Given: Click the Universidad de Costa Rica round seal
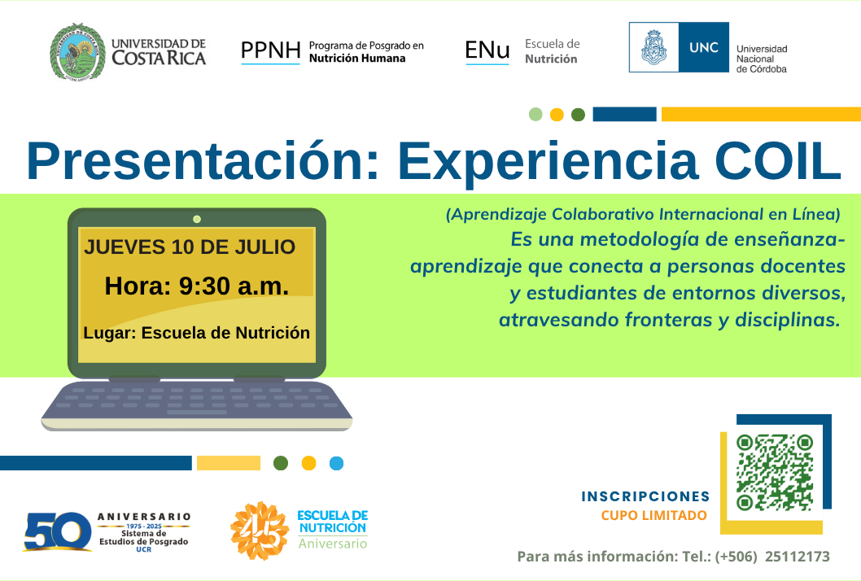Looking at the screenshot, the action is (77, 51).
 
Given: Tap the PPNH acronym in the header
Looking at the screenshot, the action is (271, 50).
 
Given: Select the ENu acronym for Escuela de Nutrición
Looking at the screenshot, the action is (487, 50).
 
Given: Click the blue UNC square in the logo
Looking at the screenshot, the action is (704, 47).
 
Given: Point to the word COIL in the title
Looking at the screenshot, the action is (778, 161).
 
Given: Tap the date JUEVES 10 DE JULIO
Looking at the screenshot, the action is (190, 247).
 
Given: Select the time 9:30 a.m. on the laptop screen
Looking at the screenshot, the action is (234, 286).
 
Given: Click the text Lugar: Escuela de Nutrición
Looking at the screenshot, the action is (197, 333).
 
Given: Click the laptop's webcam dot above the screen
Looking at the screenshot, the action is (197, 219).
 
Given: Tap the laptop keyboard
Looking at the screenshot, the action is (197, 404).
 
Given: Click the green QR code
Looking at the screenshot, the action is (775, 472).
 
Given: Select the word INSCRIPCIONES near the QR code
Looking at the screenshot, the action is (645, 496).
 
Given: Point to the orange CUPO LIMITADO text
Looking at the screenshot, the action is (654, 515).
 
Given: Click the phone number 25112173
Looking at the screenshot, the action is (798, 557).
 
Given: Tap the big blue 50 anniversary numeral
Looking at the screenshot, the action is (58, 531).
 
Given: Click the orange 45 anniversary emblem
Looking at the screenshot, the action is (260, 531).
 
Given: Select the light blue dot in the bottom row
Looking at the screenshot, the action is (337, 464).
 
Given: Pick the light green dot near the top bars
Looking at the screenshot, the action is (535, 114).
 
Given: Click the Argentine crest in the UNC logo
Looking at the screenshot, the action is (654, 47).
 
